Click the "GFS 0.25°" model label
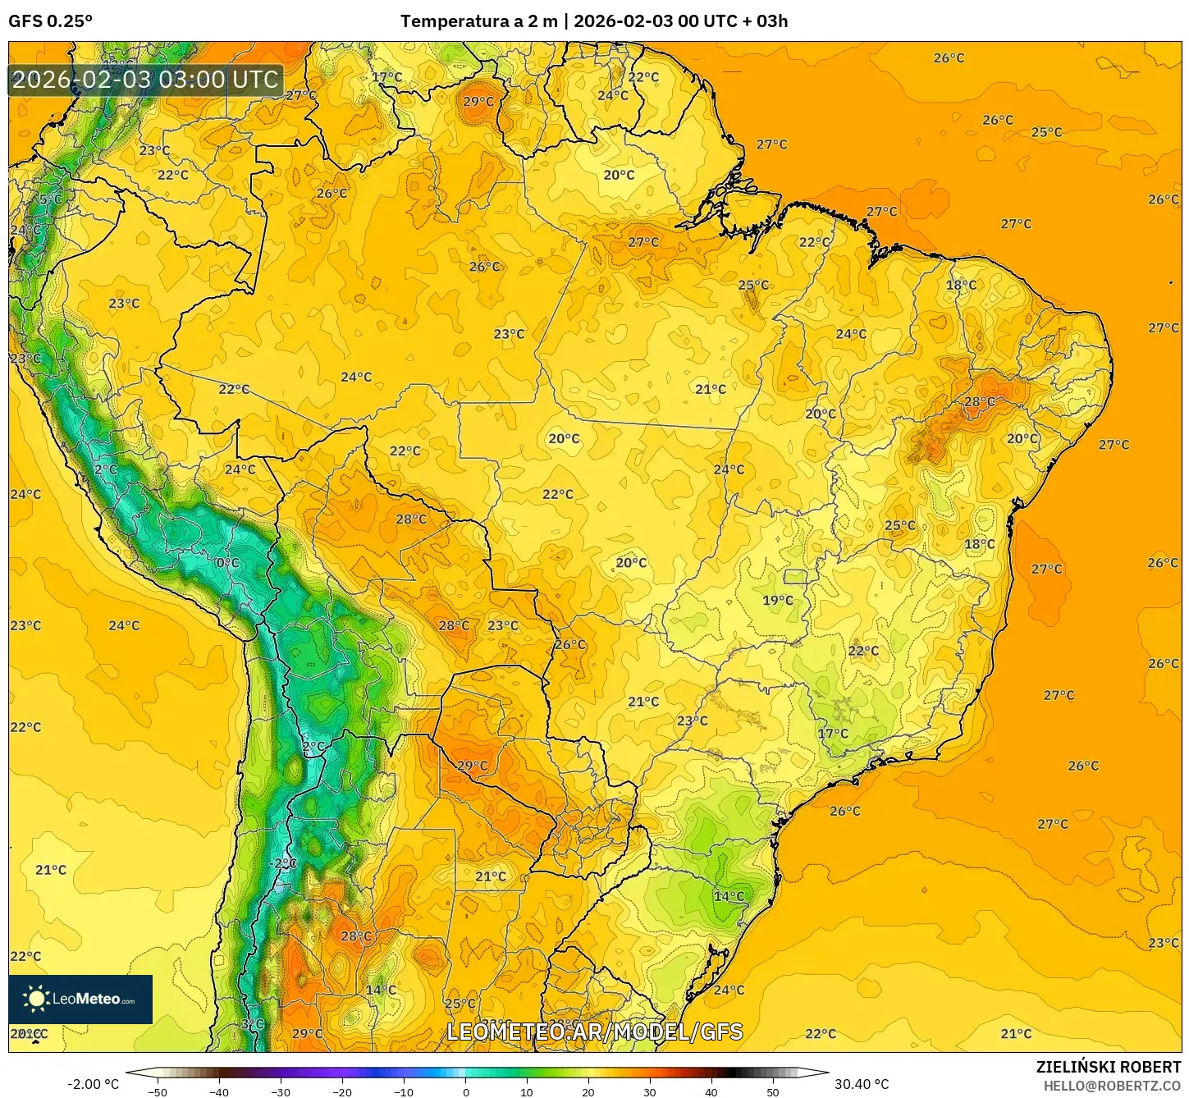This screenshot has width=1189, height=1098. [x=50, y=21]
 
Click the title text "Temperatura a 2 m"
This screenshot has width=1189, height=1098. [x=478, y=21]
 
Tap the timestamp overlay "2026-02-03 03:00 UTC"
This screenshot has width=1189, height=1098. [x=145, y=80]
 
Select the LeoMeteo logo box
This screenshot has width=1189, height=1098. [x=80, y=999]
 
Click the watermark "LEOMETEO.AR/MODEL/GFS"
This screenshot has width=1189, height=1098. [x=594, y=1032]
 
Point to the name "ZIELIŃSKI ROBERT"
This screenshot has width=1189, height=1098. [x=1108, y=1067]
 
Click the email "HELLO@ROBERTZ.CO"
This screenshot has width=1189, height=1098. [x=1112, y=1086]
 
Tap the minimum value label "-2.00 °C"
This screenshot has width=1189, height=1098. [x=93, y=1084]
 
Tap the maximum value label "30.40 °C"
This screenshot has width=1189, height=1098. [x=862, y=1084]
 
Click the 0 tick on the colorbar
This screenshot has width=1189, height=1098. [x=465, y=1091]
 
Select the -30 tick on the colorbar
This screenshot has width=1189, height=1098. [x=281, y=1091]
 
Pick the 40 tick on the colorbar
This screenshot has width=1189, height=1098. [x=711, y=1091]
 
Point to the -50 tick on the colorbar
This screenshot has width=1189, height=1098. [x=158, y=1091]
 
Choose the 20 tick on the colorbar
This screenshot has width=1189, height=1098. [x=588, y=1091]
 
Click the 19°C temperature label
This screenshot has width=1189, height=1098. [x=778, y=601]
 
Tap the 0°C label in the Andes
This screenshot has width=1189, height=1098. [x=227, y=563]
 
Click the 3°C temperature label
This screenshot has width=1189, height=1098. [x=252, y=1024]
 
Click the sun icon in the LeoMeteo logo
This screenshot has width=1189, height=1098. [x=36, y=999]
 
